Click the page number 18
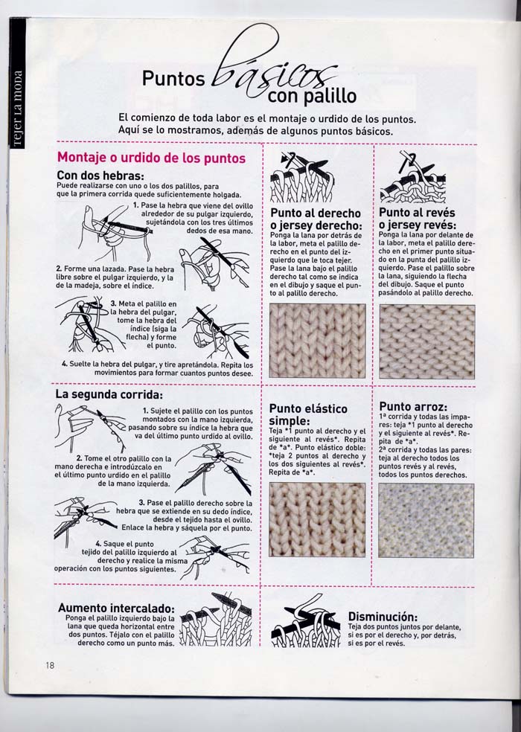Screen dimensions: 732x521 pos(48,665)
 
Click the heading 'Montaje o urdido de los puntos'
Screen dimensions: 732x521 pos(151,158)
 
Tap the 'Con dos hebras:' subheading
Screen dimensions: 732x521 pos(100,175)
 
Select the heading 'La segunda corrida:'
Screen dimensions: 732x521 pos(108,394)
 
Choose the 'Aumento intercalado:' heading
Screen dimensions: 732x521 pos(115,608)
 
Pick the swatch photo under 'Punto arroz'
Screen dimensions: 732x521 pos(426,520)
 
